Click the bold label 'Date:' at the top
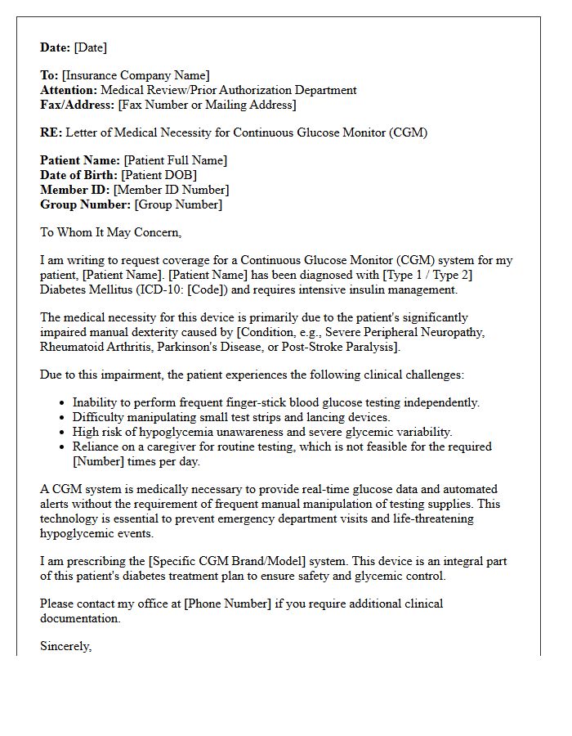click(56, 47)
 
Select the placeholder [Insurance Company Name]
click(136, 76)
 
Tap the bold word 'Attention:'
click(69, 90)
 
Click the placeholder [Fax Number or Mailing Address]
click(207, 105)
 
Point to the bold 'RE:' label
click(51, 132)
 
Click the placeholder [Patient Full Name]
click(176, 160)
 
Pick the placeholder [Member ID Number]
click(171, 190)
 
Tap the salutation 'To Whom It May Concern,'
click(110, 232)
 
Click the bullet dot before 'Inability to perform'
click(63, 403)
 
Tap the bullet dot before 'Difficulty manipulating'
click(63, 418)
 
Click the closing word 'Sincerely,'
click(66, 646)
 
